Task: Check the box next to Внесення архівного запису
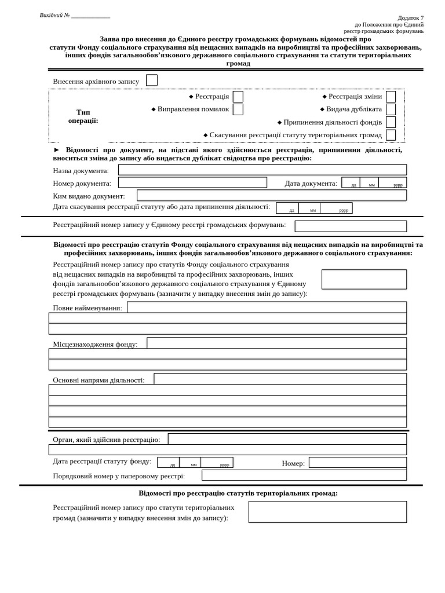coord(152,80)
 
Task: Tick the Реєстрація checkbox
coord(238,97)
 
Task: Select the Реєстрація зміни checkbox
coord(391,97)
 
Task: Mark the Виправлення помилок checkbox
coord(238,109)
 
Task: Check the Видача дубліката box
coord(391,109)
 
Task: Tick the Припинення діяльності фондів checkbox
coord(391,122)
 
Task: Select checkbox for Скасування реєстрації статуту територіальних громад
coord(391,135)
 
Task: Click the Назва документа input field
coord(262,170)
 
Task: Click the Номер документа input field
coord(192,182)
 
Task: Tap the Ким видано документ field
coord(271,195)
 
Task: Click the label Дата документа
coord(311,184)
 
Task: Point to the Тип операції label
coord(83,116)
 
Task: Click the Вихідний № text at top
coord(54,15)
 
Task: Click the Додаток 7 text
coord(410,18)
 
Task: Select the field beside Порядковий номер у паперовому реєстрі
coord(304,475)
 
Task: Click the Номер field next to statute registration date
coord(357,463)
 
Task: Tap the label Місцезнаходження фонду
coord(95,344)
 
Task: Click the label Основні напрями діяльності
coord(99,380)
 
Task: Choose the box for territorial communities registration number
coord(327,512)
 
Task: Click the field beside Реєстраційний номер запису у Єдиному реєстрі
coord(350,226)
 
